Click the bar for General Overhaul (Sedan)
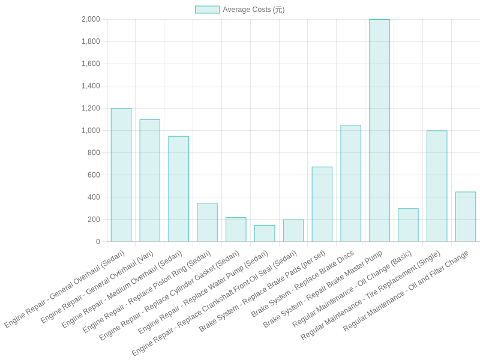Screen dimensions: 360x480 [x=121, y=175]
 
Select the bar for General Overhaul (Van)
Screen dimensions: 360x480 [x=149, y=181]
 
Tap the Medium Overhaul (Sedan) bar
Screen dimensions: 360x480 [x=178, y=189]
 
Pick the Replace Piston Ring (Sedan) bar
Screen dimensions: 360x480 [x=207, y=223]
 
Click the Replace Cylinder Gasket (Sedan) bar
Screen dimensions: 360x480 [x=236, y=230]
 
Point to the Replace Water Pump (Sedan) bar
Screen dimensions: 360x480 [x=265, y=233]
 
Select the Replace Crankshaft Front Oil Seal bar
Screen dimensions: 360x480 [x=293, y=231]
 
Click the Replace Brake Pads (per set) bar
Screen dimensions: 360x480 [x=322, y=205]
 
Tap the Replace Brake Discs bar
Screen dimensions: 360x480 [x=350, y=184]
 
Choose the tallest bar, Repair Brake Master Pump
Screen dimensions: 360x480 [x=379, y=131]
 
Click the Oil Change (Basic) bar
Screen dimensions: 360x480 [x=408, y=225]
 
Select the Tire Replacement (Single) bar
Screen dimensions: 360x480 [x=437, y=186]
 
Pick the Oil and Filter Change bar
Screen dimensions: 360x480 [x=466, y=217]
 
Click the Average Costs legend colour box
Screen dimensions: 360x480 [x=207, y=10]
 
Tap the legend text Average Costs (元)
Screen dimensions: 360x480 [x=254, y=10]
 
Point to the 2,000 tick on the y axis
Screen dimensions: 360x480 [x=91, y=19]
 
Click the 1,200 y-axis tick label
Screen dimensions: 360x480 [x=91, y=108]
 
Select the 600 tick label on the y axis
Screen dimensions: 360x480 [x=94, y=175]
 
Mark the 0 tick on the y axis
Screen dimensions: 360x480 [x=98, y=242]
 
